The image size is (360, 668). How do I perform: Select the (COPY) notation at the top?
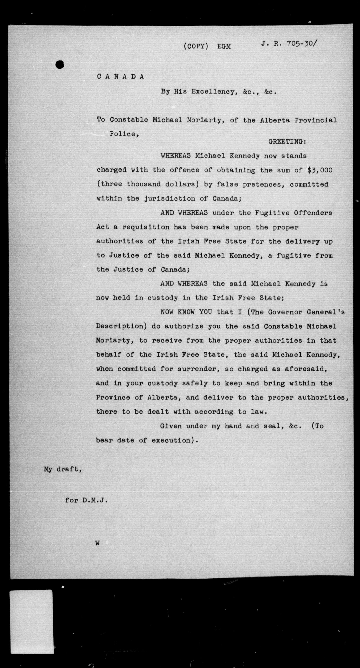pos(196,46)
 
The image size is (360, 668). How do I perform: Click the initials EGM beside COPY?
pos(224,47)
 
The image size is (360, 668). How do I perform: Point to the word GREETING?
pos(287,142)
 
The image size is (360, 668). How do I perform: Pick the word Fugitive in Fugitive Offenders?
pos(272,213)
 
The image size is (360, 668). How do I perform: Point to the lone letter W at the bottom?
pos(97,543)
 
